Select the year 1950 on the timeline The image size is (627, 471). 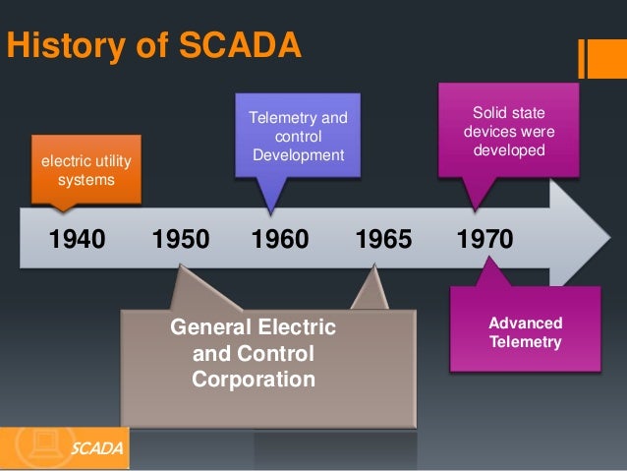click(182, 239)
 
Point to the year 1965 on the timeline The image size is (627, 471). click(383, 239)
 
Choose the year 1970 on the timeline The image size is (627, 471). click(485, 239)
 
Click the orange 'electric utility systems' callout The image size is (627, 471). click(85, 167)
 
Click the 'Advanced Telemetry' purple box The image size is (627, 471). click(525, 332)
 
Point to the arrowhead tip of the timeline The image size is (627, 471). click(610, 238)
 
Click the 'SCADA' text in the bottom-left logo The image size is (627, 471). click(97, 449)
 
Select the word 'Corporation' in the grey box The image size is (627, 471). click(254, 379)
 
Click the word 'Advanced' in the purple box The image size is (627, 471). click(525, 324)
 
